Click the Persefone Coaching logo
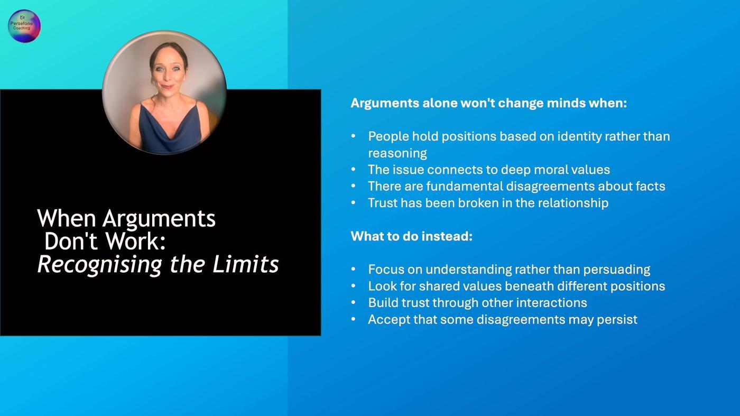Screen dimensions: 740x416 pyautogui.click(x=24, y=26)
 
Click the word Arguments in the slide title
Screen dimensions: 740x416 pyautogui.click(x=159, y=219)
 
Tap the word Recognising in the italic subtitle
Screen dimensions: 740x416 pyautogui.click(x=99, y=265)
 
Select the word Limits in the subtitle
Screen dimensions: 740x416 pyautogui.click(x=245, y=264)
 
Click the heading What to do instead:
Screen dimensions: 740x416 pyautogui.click(x=412, y=236)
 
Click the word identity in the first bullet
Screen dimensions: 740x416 pyautogui.click(x=580, y=137)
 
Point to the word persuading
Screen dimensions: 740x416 pyautogui.click(x=616, y=270)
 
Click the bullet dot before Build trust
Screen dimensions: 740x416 pyautogui.click(x=353, y=303)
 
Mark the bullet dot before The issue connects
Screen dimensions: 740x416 pyautogui.click(x=353, y=170)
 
